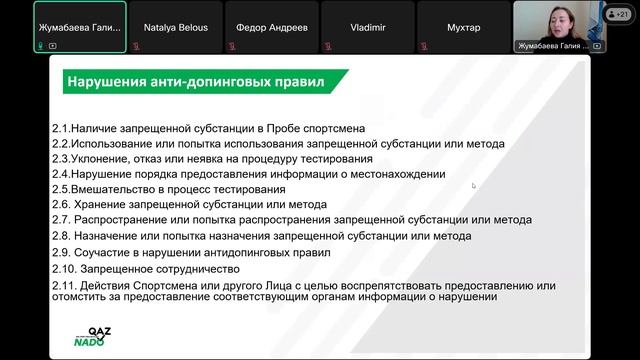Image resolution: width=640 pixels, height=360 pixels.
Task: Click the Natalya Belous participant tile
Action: pyautogui.click(x=176, y=27)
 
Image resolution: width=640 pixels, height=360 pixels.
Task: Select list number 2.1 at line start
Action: pyautogui.click(x=61, y=128)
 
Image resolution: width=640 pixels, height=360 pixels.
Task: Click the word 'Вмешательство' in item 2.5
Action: pyautogui.click(x=110, y=188)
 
